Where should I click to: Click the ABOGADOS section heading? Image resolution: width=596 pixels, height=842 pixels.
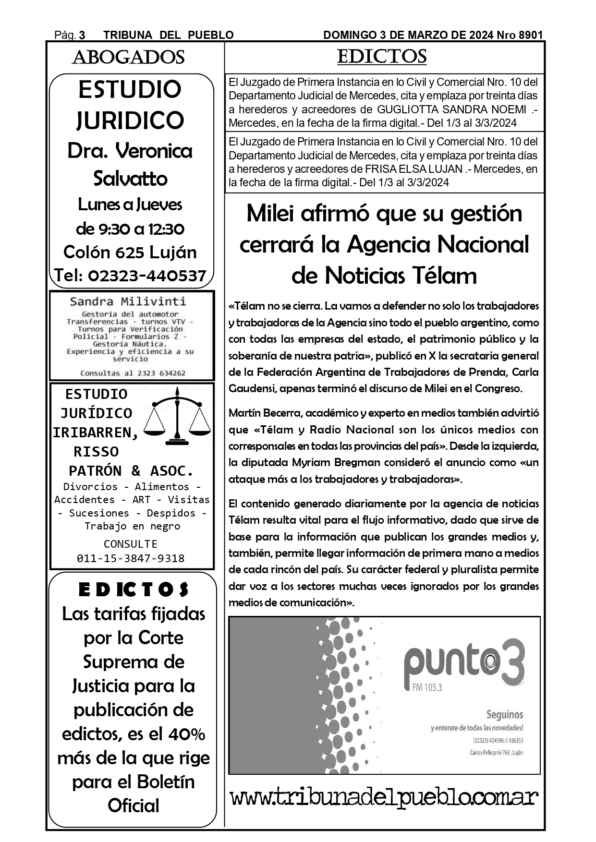click(x=128, y=58)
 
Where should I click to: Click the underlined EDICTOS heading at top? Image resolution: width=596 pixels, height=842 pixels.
click(x=382, y=57)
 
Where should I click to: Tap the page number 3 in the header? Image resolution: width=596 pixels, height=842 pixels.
click(x=82, y=35)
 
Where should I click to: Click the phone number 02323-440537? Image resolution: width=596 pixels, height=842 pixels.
click(x=147, y=276)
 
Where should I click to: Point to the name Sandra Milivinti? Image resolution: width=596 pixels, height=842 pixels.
click(x=128, y=301)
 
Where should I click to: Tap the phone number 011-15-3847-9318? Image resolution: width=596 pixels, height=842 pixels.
click(x=131, y=558)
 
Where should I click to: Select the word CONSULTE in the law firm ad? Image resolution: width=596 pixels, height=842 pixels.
click(x=131, y=544)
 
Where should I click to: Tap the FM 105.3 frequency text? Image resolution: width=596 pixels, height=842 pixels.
click(x=426, y=687)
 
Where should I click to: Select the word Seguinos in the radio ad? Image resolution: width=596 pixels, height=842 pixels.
click(x=505, y=715)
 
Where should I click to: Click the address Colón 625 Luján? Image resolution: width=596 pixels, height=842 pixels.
click(x=130, y=252)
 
